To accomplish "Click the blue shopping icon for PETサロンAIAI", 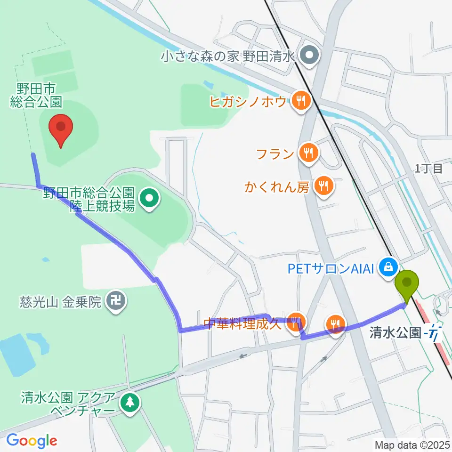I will click(x=389, y=267).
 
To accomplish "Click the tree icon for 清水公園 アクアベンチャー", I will click(x=128, y=402).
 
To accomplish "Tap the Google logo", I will click(x=32, y=440).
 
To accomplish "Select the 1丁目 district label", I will click(x=428, y=169).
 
